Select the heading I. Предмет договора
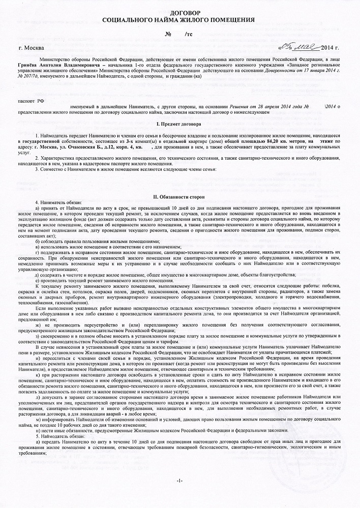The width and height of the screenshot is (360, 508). pyautogui.click(x=179, y=124)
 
